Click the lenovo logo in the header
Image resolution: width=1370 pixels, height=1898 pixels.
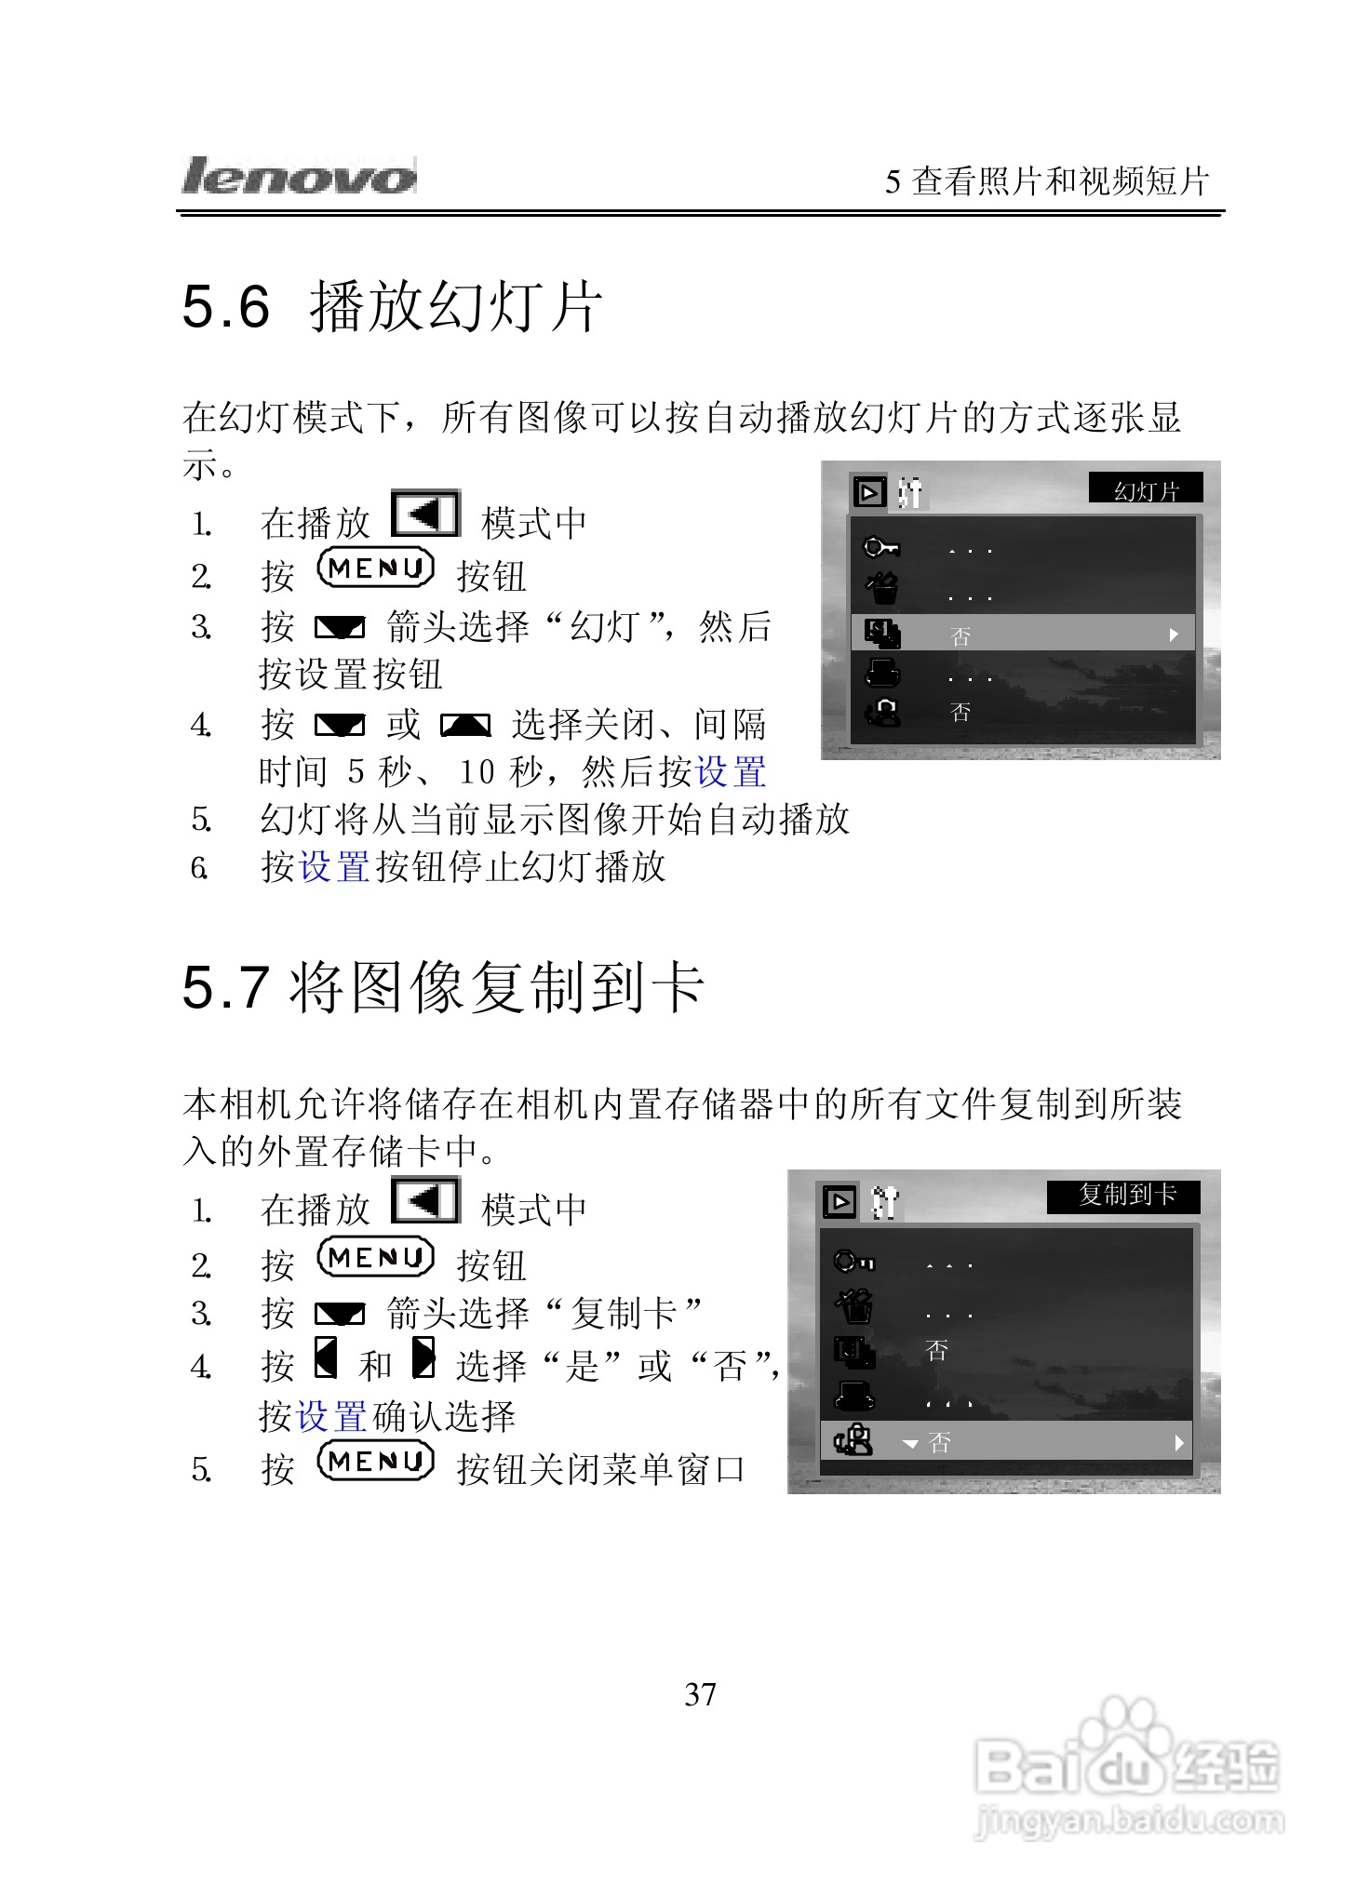point(298,176)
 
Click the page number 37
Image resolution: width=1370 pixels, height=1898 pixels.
point(700,1694)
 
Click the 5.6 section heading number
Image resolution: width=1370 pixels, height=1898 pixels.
point(226,307)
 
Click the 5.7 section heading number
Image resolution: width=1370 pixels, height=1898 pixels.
point(226,987)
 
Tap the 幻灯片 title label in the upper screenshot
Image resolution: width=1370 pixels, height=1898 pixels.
point(1146,489)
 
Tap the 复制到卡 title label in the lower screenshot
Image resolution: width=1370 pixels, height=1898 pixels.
point(1124,1196)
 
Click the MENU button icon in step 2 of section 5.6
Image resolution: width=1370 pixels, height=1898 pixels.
point(375,568)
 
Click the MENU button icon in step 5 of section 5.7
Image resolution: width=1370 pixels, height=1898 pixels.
point(375,1462)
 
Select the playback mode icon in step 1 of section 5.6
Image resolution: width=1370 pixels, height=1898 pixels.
point(425,514)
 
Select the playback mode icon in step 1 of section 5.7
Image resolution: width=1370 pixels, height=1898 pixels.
point(425,1200)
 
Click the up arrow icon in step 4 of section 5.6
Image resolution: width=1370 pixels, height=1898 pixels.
point(465,726)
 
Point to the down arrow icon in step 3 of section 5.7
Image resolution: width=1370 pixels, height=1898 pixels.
point(340,1315)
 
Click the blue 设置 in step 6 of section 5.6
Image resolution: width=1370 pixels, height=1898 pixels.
point(334,867)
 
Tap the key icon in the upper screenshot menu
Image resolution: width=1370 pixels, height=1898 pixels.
point(880,547)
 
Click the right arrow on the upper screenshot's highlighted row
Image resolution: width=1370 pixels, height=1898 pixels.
point(1174,635)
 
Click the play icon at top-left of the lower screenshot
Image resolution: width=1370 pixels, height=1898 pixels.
point(839,1201)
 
